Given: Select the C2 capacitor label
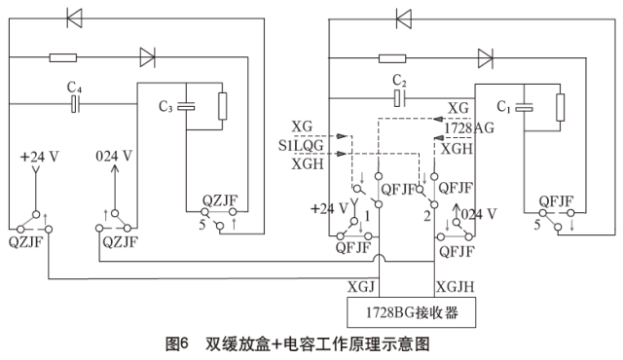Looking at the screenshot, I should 398,80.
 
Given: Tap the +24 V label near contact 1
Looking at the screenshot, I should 329,208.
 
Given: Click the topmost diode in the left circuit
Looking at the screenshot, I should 73,17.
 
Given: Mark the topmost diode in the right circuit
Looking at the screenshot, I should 404,17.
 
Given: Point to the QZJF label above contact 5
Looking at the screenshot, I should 219,201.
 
